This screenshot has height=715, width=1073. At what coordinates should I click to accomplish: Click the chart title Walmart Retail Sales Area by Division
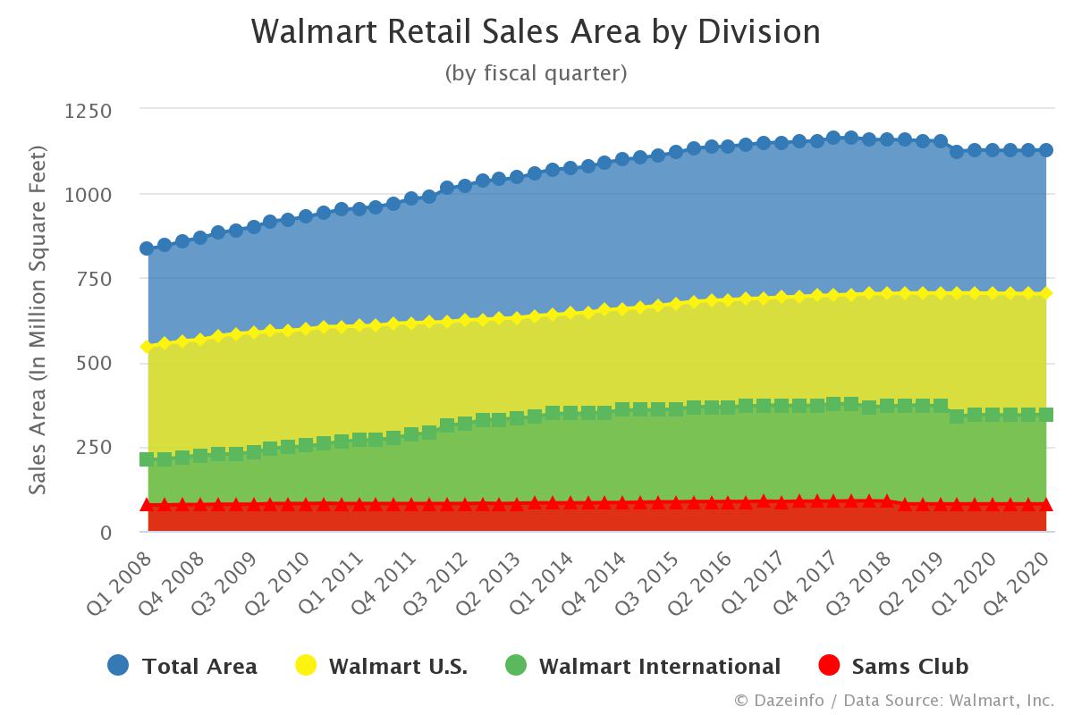536,32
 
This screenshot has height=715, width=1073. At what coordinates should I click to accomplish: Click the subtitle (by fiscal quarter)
536,73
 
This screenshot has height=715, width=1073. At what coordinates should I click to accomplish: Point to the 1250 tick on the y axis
87,111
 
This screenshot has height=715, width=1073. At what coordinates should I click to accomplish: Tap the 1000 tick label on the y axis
87,195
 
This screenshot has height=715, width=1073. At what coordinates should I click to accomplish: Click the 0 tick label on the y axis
106,532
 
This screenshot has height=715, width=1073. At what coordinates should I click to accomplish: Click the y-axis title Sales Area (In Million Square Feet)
38,320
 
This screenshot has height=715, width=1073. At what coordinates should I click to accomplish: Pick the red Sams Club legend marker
830,666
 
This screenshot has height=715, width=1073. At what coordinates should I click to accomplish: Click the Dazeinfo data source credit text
894,700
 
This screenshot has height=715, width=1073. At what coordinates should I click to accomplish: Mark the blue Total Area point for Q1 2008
148,248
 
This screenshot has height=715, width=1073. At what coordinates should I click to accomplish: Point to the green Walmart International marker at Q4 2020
1045,415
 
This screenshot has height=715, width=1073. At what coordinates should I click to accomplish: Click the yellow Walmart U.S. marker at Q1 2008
148,347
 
